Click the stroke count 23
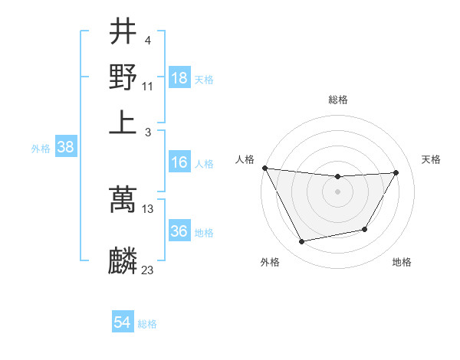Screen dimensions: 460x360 147,270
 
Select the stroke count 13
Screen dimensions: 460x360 147,208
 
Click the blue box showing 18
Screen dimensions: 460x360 179,78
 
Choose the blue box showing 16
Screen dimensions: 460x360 179,162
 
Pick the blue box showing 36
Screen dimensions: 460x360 179,231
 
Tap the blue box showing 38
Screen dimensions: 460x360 65,147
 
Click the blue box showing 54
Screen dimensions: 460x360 122,323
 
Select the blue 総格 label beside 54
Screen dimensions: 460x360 147,324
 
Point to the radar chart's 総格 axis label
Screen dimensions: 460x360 337,100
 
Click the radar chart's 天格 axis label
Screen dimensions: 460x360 431,159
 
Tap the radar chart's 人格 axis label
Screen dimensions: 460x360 245,159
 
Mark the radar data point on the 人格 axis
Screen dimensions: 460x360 265,168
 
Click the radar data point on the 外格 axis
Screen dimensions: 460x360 302,242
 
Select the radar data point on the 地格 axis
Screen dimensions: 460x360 365,229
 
